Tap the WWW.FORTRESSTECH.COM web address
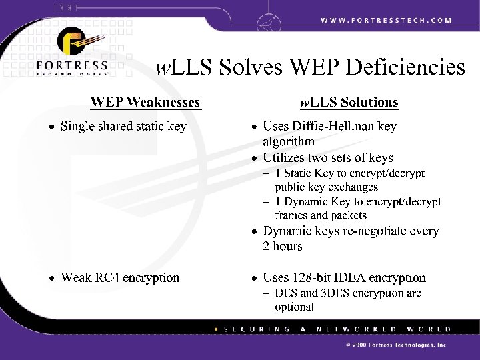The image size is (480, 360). pos(386,20)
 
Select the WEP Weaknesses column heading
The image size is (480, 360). pos(145,102)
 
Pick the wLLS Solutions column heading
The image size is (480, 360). pos(349,102)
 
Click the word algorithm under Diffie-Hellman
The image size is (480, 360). pos(289,141)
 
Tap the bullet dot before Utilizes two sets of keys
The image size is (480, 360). pos(254,159)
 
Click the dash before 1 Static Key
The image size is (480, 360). pos(267,173)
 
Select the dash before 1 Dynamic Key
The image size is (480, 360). pos(267,201)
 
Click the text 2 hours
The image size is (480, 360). pos(283,246)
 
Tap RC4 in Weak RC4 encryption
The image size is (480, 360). pos(105,277)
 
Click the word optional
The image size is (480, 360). pos(295,307)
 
